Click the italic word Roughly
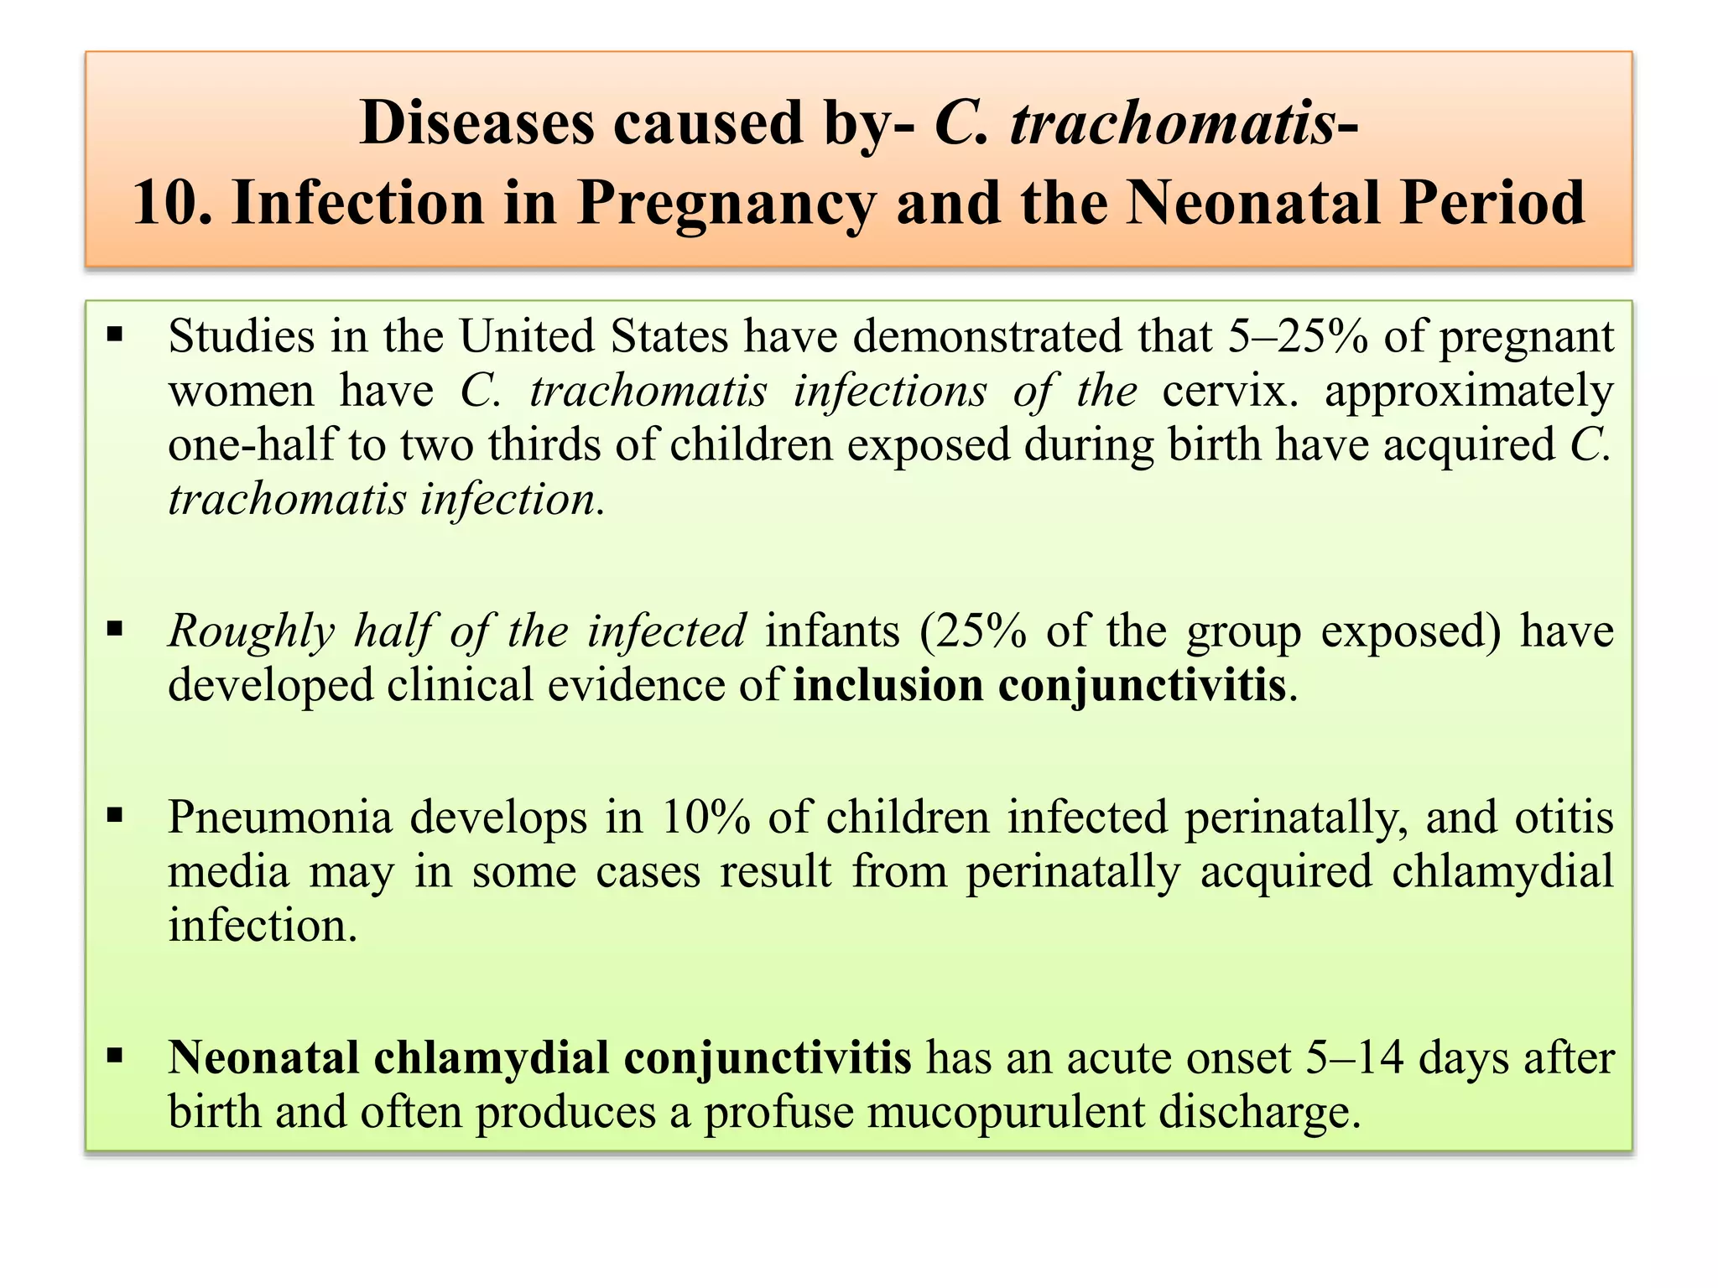[x=251, y=632]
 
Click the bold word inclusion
[x=886, y=685]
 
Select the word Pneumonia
[x=279, y=817]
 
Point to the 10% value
[x=705, y=817]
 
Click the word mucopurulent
[x=1006, y=1113]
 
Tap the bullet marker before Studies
[x=115, y=336]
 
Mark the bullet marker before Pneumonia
[x=115, y=815]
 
